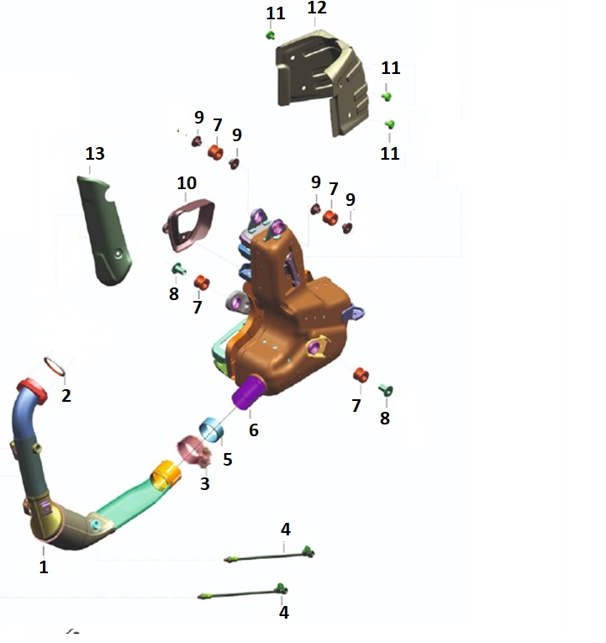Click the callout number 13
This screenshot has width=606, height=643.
pyautogui.click(x=95, y=154)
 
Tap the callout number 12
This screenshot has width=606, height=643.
pyautogui.click(x=317, y=8)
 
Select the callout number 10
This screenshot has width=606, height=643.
pyautogui.click(x=187, y=183)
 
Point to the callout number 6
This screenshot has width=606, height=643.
pyautogui.click(x=254, y=430)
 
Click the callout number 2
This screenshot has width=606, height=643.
pyautogui.click(x=66, y=396)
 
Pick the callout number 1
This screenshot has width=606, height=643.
pyautogui.click(x=44, y=567)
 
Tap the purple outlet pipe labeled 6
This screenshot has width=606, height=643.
pyautogui.click(x=248, y=393)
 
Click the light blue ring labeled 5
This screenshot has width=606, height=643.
pyautogui.click(x=212, y=430)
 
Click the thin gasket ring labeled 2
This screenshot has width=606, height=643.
pyautogui.click(x=55, y=366)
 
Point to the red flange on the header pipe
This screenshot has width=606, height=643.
pyautogui.click(x=32, y=391)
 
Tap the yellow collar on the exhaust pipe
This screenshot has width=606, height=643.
pyautogui.click(x=166, y=475)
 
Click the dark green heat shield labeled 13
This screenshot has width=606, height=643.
pyautogui.click(x=104, y=229)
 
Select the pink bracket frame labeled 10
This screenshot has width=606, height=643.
pyautogui.click(x=189, y=224)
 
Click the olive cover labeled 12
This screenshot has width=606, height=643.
pyautogui.click(x=322, y=82)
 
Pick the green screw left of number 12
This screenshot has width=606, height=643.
pyautogui.click(x=271, y=35)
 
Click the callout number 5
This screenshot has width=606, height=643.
pyautogui.click(x=228, y=459)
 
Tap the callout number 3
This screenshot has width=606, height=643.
pyautogui.click(x=205, y=484)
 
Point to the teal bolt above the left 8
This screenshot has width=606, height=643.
pyautogui.click(x=179, y=269)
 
